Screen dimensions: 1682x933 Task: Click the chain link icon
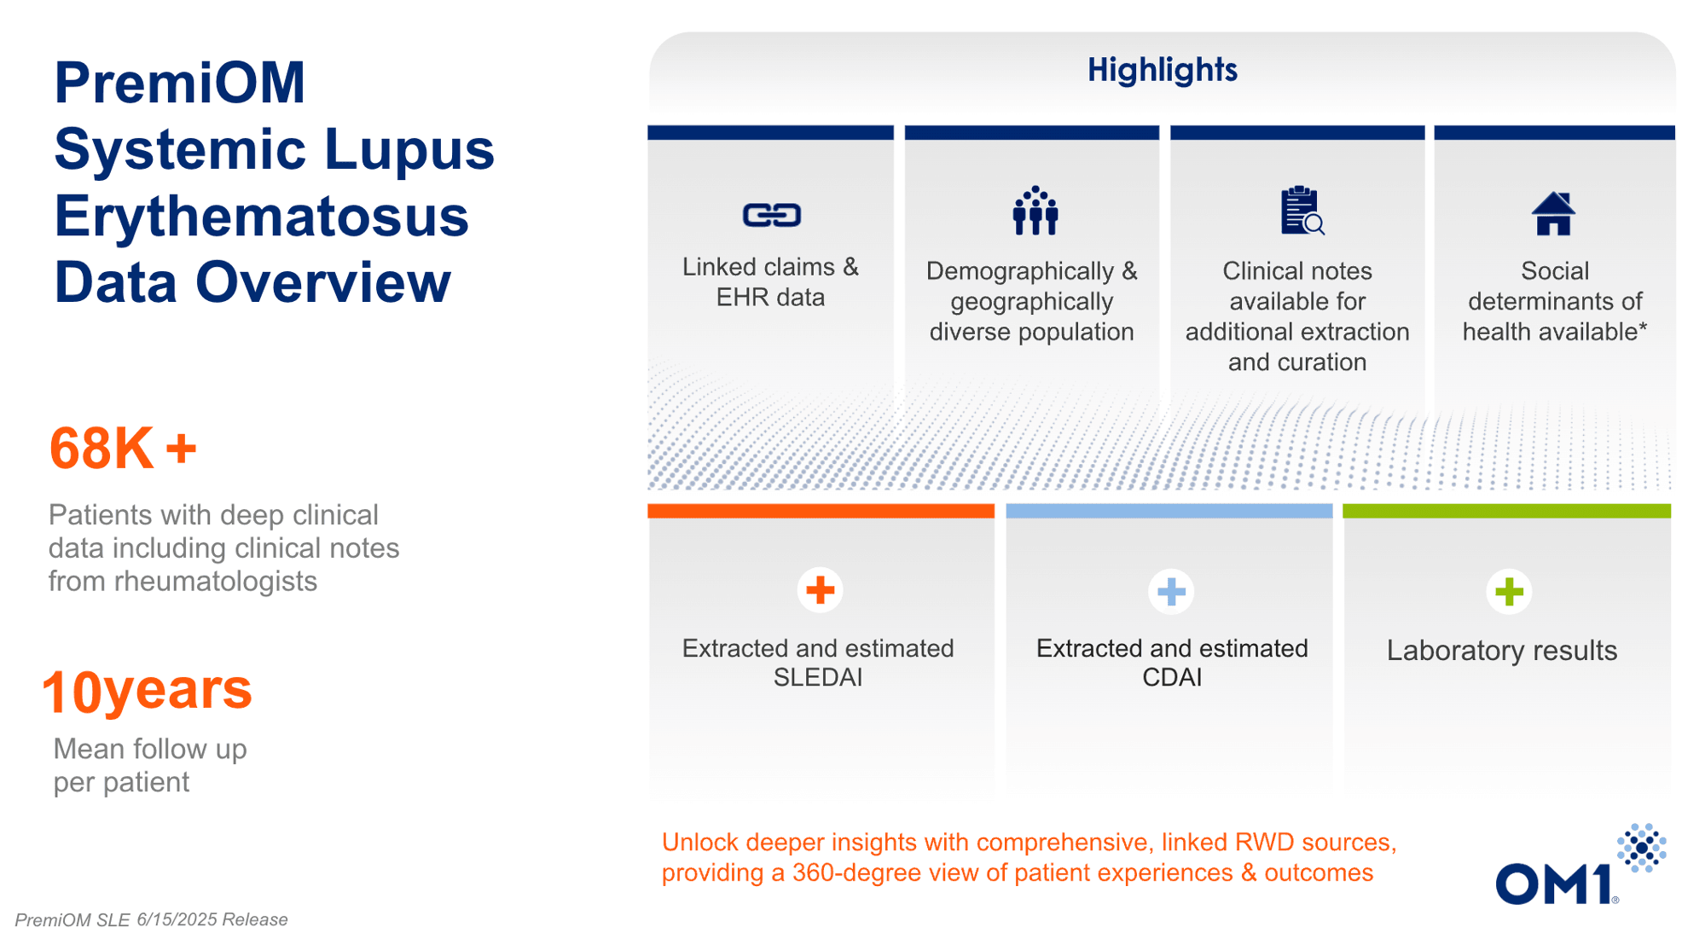coord(771,215)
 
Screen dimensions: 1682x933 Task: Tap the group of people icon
coord(1035,211)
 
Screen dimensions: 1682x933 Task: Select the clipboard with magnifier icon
coord(1302,211)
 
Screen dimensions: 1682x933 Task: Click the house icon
coord(1553,213)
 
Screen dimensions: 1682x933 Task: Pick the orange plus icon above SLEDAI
coord(820,590)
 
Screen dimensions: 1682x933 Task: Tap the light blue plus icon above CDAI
coord(1171,591)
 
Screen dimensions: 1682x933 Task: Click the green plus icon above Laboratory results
coord(1509,591)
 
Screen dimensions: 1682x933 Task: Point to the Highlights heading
coord(1162,70)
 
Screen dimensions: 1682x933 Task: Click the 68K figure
coord(123,448)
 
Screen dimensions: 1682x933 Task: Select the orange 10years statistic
coord(147,690)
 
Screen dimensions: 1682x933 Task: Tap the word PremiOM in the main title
coord(179,83)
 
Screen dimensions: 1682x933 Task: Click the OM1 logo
coord(1580,864)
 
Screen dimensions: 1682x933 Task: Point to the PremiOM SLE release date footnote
coord(151,919)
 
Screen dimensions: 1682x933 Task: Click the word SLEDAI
coord(817,677)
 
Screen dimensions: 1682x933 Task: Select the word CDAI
coord(1171,677)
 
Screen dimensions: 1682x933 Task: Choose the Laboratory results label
coord(1501,651)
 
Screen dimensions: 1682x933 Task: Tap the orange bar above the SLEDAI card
coord(821,511)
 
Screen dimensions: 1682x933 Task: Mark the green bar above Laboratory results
coord(1506,511)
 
